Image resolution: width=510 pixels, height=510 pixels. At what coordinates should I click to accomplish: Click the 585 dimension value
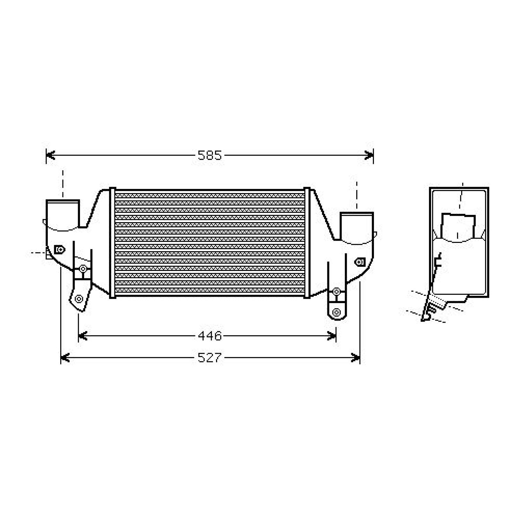pos(209,156)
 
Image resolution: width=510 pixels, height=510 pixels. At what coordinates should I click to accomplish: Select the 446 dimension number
pos(209,336)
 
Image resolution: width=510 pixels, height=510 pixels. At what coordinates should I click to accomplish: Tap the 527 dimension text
pos(209,358)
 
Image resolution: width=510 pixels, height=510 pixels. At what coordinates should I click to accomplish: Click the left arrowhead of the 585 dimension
pos(50,156)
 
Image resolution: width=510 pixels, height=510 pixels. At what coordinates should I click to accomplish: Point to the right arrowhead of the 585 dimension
pos(369,156)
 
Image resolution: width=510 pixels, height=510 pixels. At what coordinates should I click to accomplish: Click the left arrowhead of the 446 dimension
pos(83,336)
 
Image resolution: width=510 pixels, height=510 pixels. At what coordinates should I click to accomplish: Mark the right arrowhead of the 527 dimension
pos(356,358)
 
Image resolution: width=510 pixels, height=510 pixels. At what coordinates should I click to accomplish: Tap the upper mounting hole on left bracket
pos(83,268)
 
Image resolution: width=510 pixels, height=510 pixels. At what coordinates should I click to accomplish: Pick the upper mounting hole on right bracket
pos(336,291)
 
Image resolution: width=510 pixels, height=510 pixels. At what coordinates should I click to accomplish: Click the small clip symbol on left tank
pos(60,249)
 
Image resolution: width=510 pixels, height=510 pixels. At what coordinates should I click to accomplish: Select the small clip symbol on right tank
pos(360,262)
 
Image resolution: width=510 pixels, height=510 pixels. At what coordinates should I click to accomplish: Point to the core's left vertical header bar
pos(112,243)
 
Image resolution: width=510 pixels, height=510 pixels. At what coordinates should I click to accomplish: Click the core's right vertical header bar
pos(307,243)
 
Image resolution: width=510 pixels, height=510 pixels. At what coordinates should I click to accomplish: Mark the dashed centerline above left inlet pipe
pos(63,184)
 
